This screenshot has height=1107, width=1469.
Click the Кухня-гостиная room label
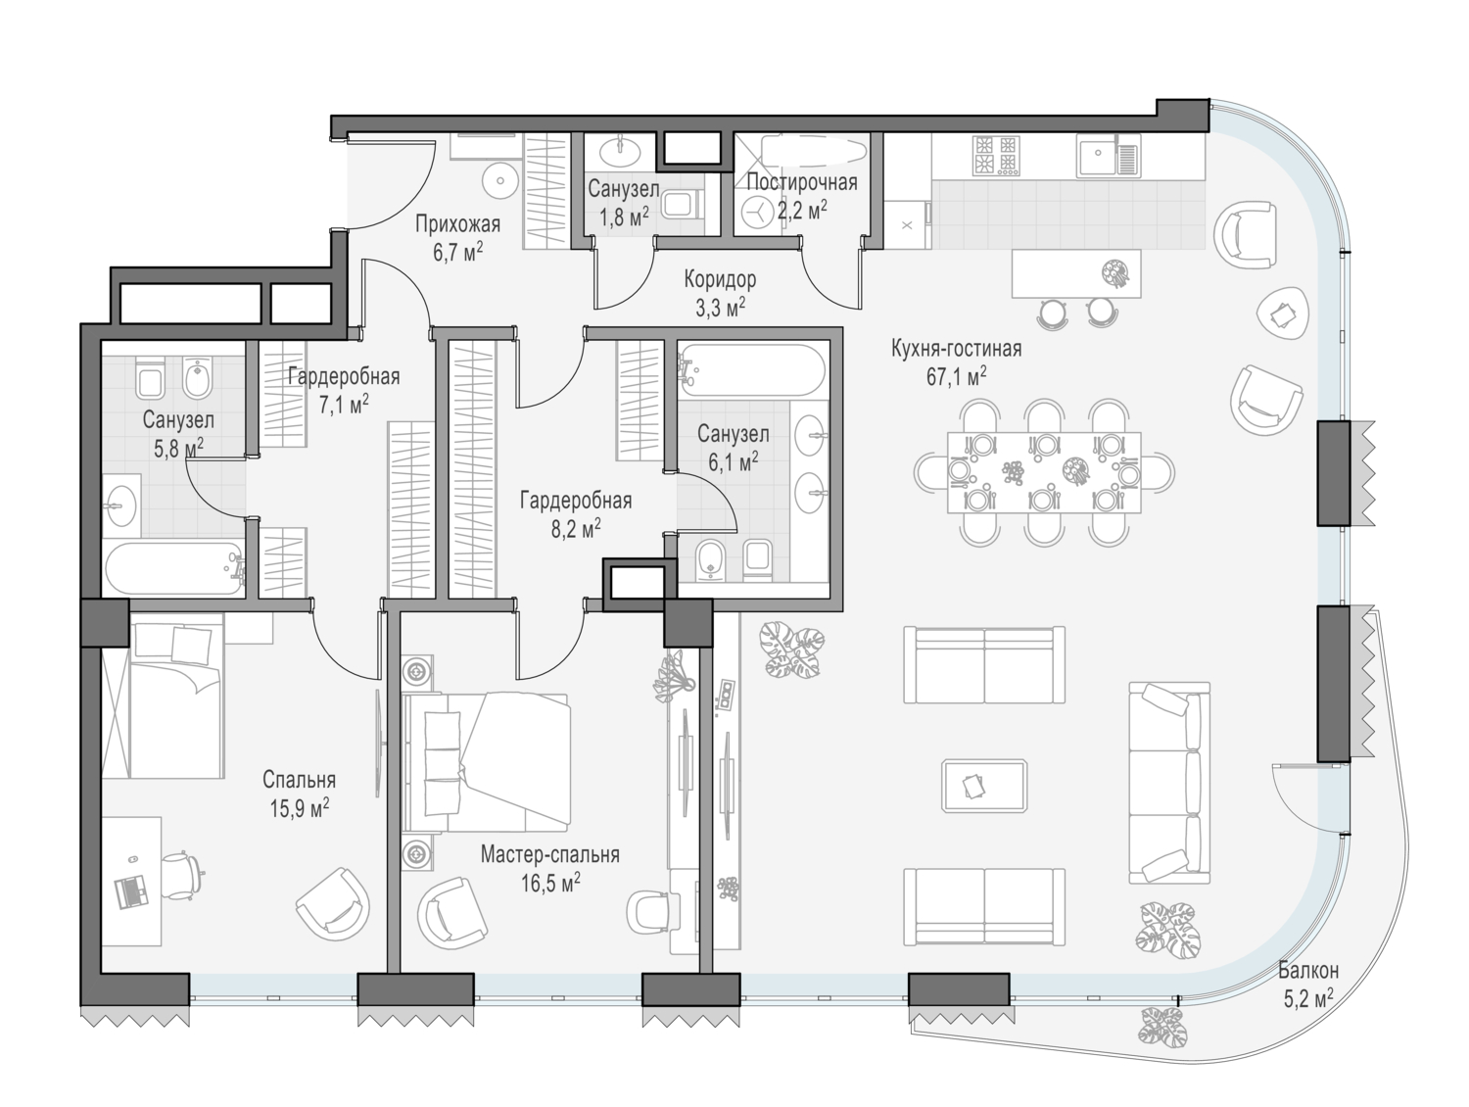point(956,349)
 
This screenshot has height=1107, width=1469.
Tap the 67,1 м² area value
point(956,377)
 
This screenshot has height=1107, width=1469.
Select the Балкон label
point(1308,970)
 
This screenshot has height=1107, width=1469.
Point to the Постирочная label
point(802,182)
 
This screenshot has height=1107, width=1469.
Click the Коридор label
point(720,279)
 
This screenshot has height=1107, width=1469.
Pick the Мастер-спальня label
point(550,854)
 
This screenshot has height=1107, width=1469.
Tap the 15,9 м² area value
point(299,808)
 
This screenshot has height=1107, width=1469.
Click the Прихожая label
point(457,224)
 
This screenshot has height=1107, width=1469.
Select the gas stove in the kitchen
point(994,156)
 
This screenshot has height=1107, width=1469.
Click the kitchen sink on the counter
point(1108,156)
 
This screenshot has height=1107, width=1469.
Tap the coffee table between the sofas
point(984,786)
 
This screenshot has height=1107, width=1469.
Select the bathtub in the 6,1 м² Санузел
point(752,370)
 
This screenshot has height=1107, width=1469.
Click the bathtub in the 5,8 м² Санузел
point(175,568)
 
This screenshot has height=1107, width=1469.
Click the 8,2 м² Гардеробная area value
point(576,529)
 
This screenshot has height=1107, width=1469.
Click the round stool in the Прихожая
point(500,179)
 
